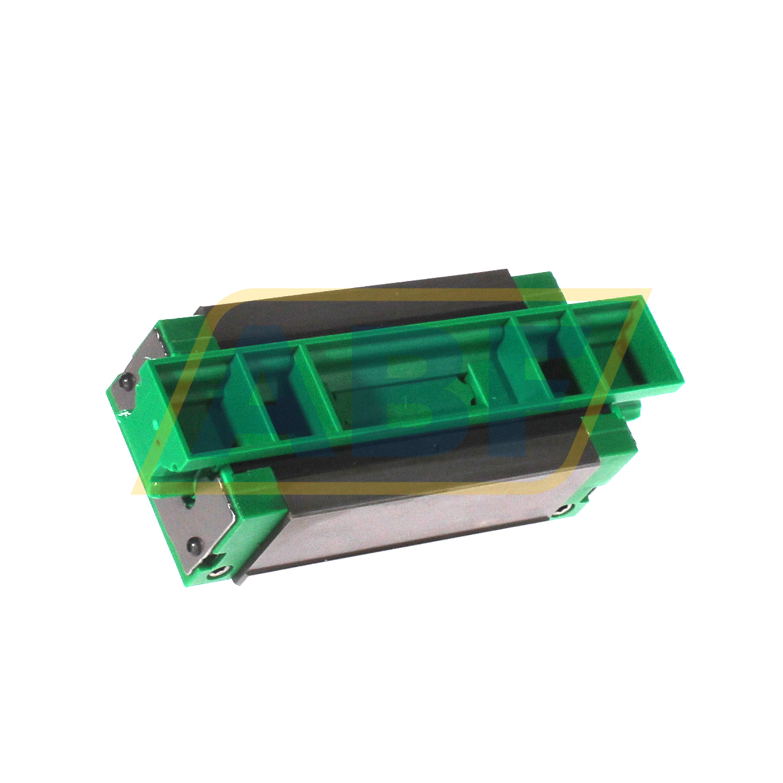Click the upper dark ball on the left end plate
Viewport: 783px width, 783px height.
(x=127, y=382)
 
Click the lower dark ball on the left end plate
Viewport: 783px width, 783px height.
(x=192, y=547)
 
